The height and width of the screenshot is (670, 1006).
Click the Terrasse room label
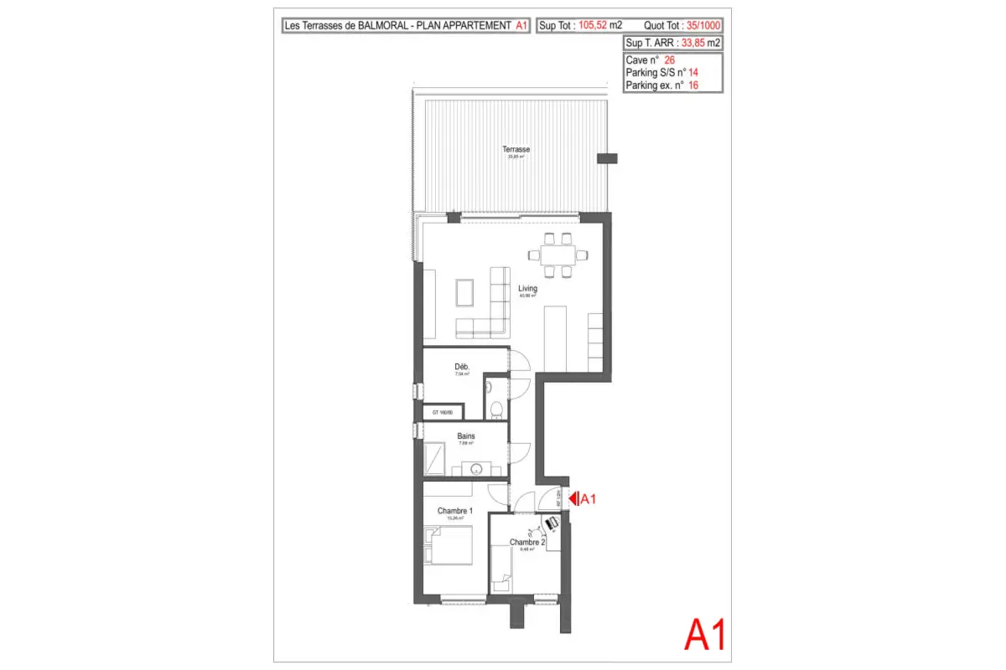[516, 150]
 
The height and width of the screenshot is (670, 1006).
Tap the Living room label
[527, 289]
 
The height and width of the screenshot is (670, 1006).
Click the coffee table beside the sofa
[464, 292]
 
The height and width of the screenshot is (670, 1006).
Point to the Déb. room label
[462, 367]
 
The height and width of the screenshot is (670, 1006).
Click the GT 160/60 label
[442, 413]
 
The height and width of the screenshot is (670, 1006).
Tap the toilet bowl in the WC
[496, 409]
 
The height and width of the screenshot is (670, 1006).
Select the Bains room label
[466, 436]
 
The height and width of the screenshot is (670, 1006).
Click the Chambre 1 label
[455, 511]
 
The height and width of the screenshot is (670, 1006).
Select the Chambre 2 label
[527, 543]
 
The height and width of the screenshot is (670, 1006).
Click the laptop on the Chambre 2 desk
[552, 523]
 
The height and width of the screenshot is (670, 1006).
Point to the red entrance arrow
[574, 499]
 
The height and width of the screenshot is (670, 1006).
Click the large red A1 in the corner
[704, 635]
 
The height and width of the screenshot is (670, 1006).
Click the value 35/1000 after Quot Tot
[703, 26]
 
